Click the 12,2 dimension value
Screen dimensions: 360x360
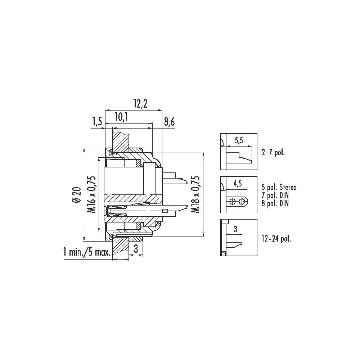pyautogui.click(x=140, y=104)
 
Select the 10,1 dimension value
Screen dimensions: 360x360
pyautogui.click(x=121, y=117)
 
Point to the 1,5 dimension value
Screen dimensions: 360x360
pyautogui.click(x=97, y=122)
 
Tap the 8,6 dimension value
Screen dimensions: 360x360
pyautogui.click(x=169, y=122)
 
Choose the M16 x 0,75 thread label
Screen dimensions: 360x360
pyautogui.click(x=92, y=194)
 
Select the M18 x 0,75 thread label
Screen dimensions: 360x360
pyautogui.click(x=195, y=194)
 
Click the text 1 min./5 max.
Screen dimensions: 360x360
pyautogui.click(x=87, y=253)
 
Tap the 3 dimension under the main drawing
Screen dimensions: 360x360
pyautogui.click(x=136, y=249)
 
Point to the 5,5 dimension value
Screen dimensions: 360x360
pyautogui.click(x=239, y=140)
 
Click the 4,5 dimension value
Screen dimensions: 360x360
pyautogui.click(x=238, y=184)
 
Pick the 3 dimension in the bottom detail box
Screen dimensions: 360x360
pyautogui.click(x=235, y=229)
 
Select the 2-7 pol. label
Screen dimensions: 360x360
pyautogui.click(x=273, y=152)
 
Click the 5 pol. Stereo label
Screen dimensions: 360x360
pyautogui.click(x=279, y=187)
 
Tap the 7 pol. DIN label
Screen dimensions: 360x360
pyautogui.click(x=275, y=195)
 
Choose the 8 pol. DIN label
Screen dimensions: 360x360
pyautogui.click(x=275, y=203)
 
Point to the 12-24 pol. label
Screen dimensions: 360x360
pyautogui.click(x=276, y=239)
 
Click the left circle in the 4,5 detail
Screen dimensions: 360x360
pyautogui.click(x=233, y=202)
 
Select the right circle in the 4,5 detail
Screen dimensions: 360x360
pyautogui.click(x=241, y=202)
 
